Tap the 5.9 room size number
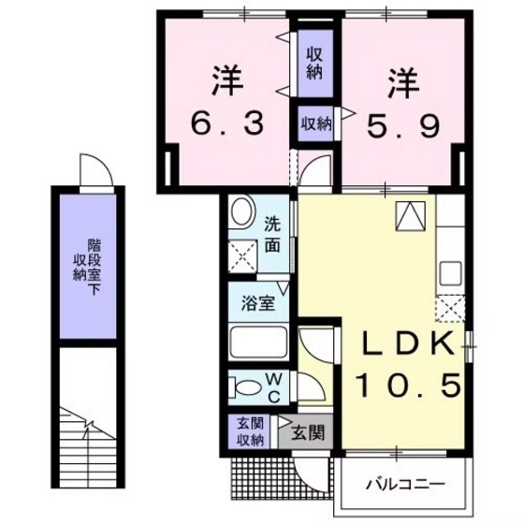click(x=401, y=123)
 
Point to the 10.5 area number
click(x=408, y=384)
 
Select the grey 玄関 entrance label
click(x=307, y=432)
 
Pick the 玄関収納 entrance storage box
click(x=249, y=431)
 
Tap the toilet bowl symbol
click(x=246, y=386)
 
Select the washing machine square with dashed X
click(x=244, y=254)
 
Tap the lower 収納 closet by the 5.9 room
click(x=315, y=123)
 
